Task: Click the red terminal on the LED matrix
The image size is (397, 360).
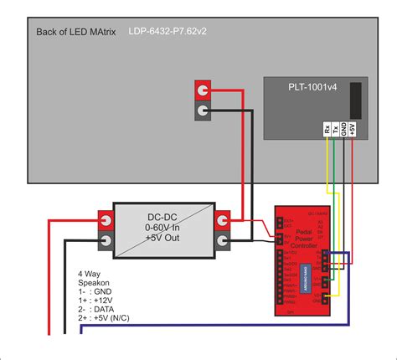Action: coord(202,90)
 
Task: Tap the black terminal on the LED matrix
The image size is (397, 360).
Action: coord(202,111)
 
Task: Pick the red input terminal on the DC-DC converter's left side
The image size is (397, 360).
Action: coord(107,220)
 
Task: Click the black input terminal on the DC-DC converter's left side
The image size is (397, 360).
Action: coord(107,243)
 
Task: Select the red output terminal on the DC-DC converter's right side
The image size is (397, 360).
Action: coord(224,220)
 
